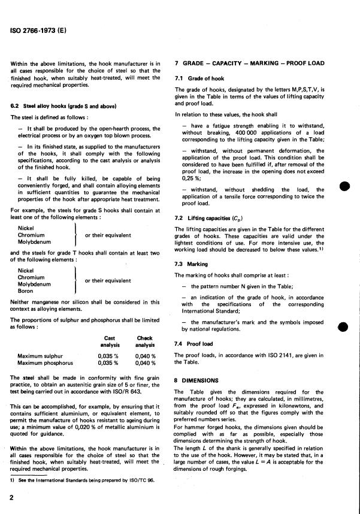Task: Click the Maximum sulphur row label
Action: coord(46,355)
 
